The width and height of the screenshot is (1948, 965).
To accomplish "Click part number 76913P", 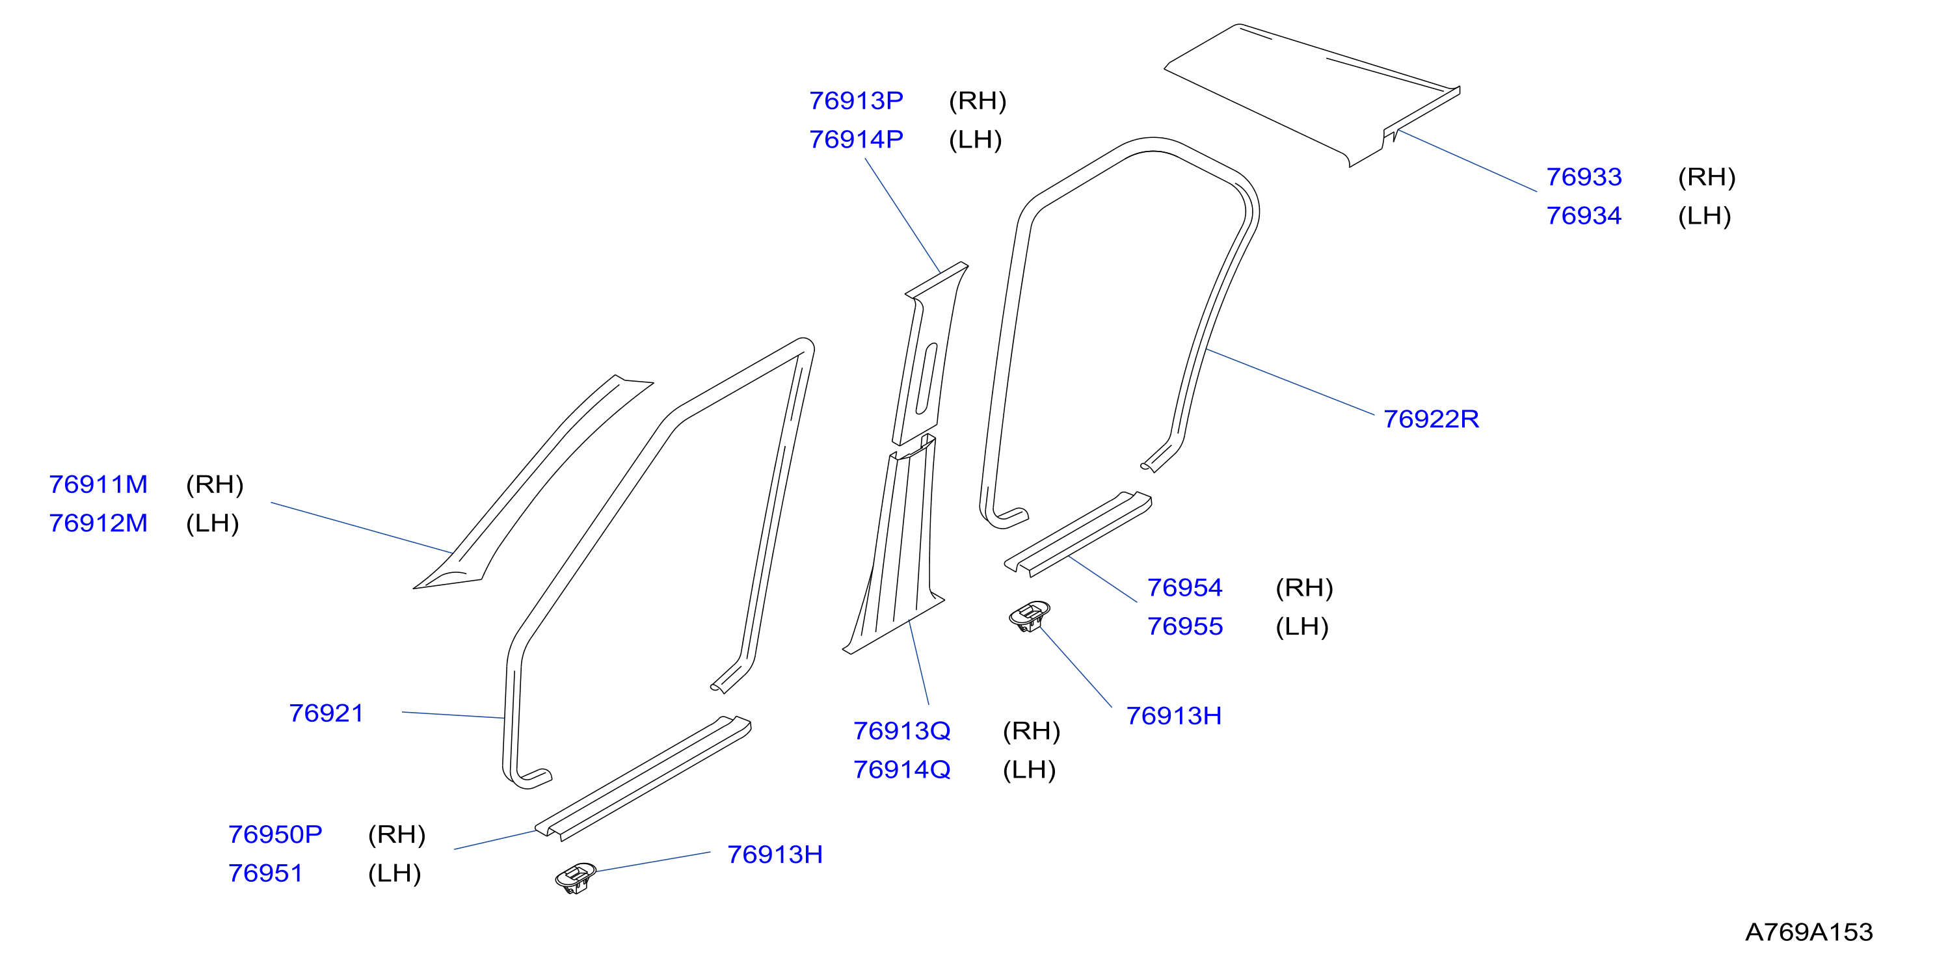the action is pyautogui.click(x=856, y=101).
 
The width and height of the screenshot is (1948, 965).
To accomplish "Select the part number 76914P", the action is pyautogui.click(x=856, y=139).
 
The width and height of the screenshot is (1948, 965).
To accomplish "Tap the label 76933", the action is pyautogui.click(x=1584, y=177).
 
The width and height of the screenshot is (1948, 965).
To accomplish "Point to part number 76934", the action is pyautogui.click(x=1584, y=215).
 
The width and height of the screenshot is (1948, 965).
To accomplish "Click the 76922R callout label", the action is pyautogui.click(x=1431, y=419).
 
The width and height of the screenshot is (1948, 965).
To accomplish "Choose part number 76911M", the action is pyautogui.click(x=98, y=484).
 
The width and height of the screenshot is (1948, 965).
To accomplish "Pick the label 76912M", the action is pyautogui.click(x=98, y=523).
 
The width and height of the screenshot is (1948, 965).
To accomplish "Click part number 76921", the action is pyautogui.click(x=326, y=713).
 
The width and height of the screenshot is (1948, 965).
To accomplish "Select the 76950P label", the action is pyautogui.click(x=275, y=834).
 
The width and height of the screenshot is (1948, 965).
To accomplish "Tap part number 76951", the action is pyautogui.click(x=265, y=873).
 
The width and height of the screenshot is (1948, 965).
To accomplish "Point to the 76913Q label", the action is pyautogui.click(x=901, y=730).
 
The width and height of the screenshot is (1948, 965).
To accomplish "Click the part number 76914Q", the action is pyautogui.click(x=901, y=769).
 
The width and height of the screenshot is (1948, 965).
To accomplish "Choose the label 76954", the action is pyautogui.click(x=1184, y=588).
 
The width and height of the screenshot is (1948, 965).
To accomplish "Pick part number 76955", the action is pyautogui.click(x=1184, y=626).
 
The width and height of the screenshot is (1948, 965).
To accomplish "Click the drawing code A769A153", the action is pyautogui.click(x=1809, y=932).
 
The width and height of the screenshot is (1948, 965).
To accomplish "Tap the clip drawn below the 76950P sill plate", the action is pyautogui.click(x=576, y=877).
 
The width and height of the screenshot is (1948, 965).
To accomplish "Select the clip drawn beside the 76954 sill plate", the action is pyautogui.click(x=1029, y=616).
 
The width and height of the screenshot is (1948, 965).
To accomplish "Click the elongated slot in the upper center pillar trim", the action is pyautogui.click(x=927, y=379).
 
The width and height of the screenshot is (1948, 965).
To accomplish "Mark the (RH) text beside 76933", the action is pyautogui.click(x=1707, y=177).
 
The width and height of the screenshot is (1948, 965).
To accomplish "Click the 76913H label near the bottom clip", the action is pyautogui.click(x=775, y=854).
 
